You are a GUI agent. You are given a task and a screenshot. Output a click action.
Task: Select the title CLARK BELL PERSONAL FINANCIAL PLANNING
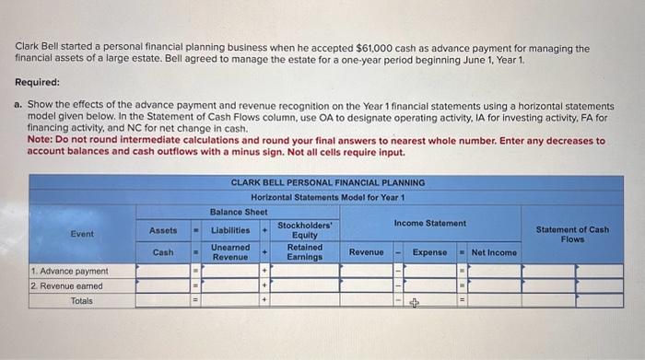(x=328, y=182)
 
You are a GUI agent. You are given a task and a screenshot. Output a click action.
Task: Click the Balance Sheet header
(x=239, y=211)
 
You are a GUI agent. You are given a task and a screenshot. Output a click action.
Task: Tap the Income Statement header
(x=429, y=224)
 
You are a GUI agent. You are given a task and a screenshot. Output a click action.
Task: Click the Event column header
(x=82, y=234)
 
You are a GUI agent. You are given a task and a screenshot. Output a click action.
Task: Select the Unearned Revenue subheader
(x=230, y=252)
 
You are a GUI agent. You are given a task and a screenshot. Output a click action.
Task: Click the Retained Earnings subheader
(x=304, y=252)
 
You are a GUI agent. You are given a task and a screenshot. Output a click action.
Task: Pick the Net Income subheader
(x=494, y=252)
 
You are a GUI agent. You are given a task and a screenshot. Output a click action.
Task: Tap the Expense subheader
(x=429, y=252)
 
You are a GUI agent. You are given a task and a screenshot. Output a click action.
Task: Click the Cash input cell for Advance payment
(x=163, y=272)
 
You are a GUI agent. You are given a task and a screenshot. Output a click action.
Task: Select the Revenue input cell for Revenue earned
(x=367, y=286)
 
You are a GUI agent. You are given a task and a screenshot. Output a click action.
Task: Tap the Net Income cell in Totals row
(x=494, y=301)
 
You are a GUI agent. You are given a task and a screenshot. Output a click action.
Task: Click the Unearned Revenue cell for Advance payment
(x=229, y=272)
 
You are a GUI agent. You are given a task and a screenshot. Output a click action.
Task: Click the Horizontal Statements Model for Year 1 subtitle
(x=328, y=197)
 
